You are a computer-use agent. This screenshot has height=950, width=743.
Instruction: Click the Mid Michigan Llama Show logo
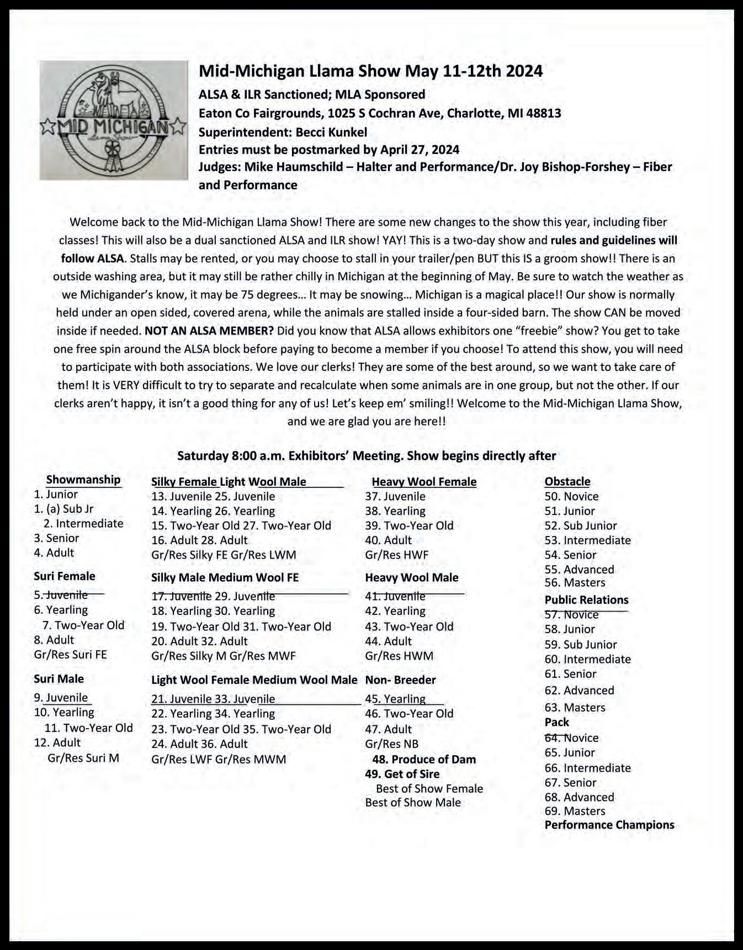(x=114, y=120)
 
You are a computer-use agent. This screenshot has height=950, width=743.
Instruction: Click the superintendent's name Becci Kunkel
(x=331, y=132)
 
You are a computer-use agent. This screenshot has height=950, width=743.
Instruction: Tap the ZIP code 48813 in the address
(x=543, y=113)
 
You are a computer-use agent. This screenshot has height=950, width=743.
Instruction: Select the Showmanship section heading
(x=83, y=480)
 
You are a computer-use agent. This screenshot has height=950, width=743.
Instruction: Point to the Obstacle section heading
(x=567, y=481)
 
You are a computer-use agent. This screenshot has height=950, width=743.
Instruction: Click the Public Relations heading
(x=586, y=599)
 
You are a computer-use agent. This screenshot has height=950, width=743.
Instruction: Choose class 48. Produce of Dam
(x=423, y=759)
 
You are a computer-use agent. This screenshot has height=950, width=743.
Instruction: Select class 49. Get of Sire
(x=402, y=774)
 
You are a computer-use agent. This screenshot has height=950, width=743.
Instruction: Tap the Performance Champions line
(x=609, y=825)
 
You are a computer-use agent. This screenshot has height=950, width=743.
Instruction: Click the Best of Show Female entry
(x=429, y=788)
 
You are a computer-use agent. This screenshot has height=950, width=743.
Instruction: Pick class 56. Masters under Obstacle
(x=575, y=582)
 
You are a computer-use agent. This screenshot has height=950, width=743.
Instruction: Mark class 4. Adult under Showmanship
(x=54, y=553)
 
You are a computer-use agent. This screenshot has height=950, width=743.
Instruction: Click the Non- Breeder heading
(x=400, y=680)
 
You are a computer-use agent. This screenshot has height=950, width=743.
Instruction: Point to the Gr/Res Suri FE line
(x=70, y=655)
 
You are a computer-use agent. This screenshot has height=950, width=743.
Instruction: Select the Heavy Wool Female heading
(x=424, y=481)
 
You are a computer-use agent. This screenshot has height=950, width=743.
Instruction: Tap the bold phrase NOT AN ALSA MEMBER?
(x=209, y=331)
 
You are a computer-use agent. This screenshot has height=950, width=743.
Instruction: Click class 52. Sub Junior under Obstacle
(x=581, y=526)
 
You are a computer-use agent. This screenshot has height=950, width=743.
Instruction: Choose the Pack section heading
(x=556, y=722)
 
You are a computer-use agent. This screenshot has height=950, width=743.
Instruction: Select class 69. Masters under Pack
(x=575, y=811)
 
